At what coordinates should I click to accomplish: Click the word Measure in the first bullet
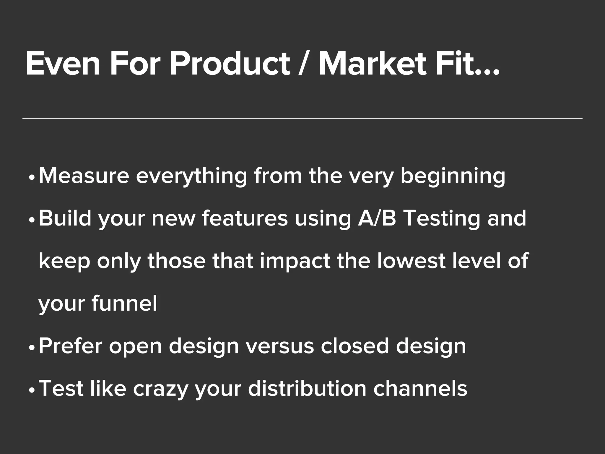(x=84, y=176)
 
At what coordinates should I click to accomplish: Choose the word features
(x=245, y=219)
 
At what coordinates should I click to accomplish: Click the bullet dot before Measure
(x=32, y=178)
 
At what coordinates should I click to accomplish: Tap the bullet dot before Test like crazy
(x=32, y=390)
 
